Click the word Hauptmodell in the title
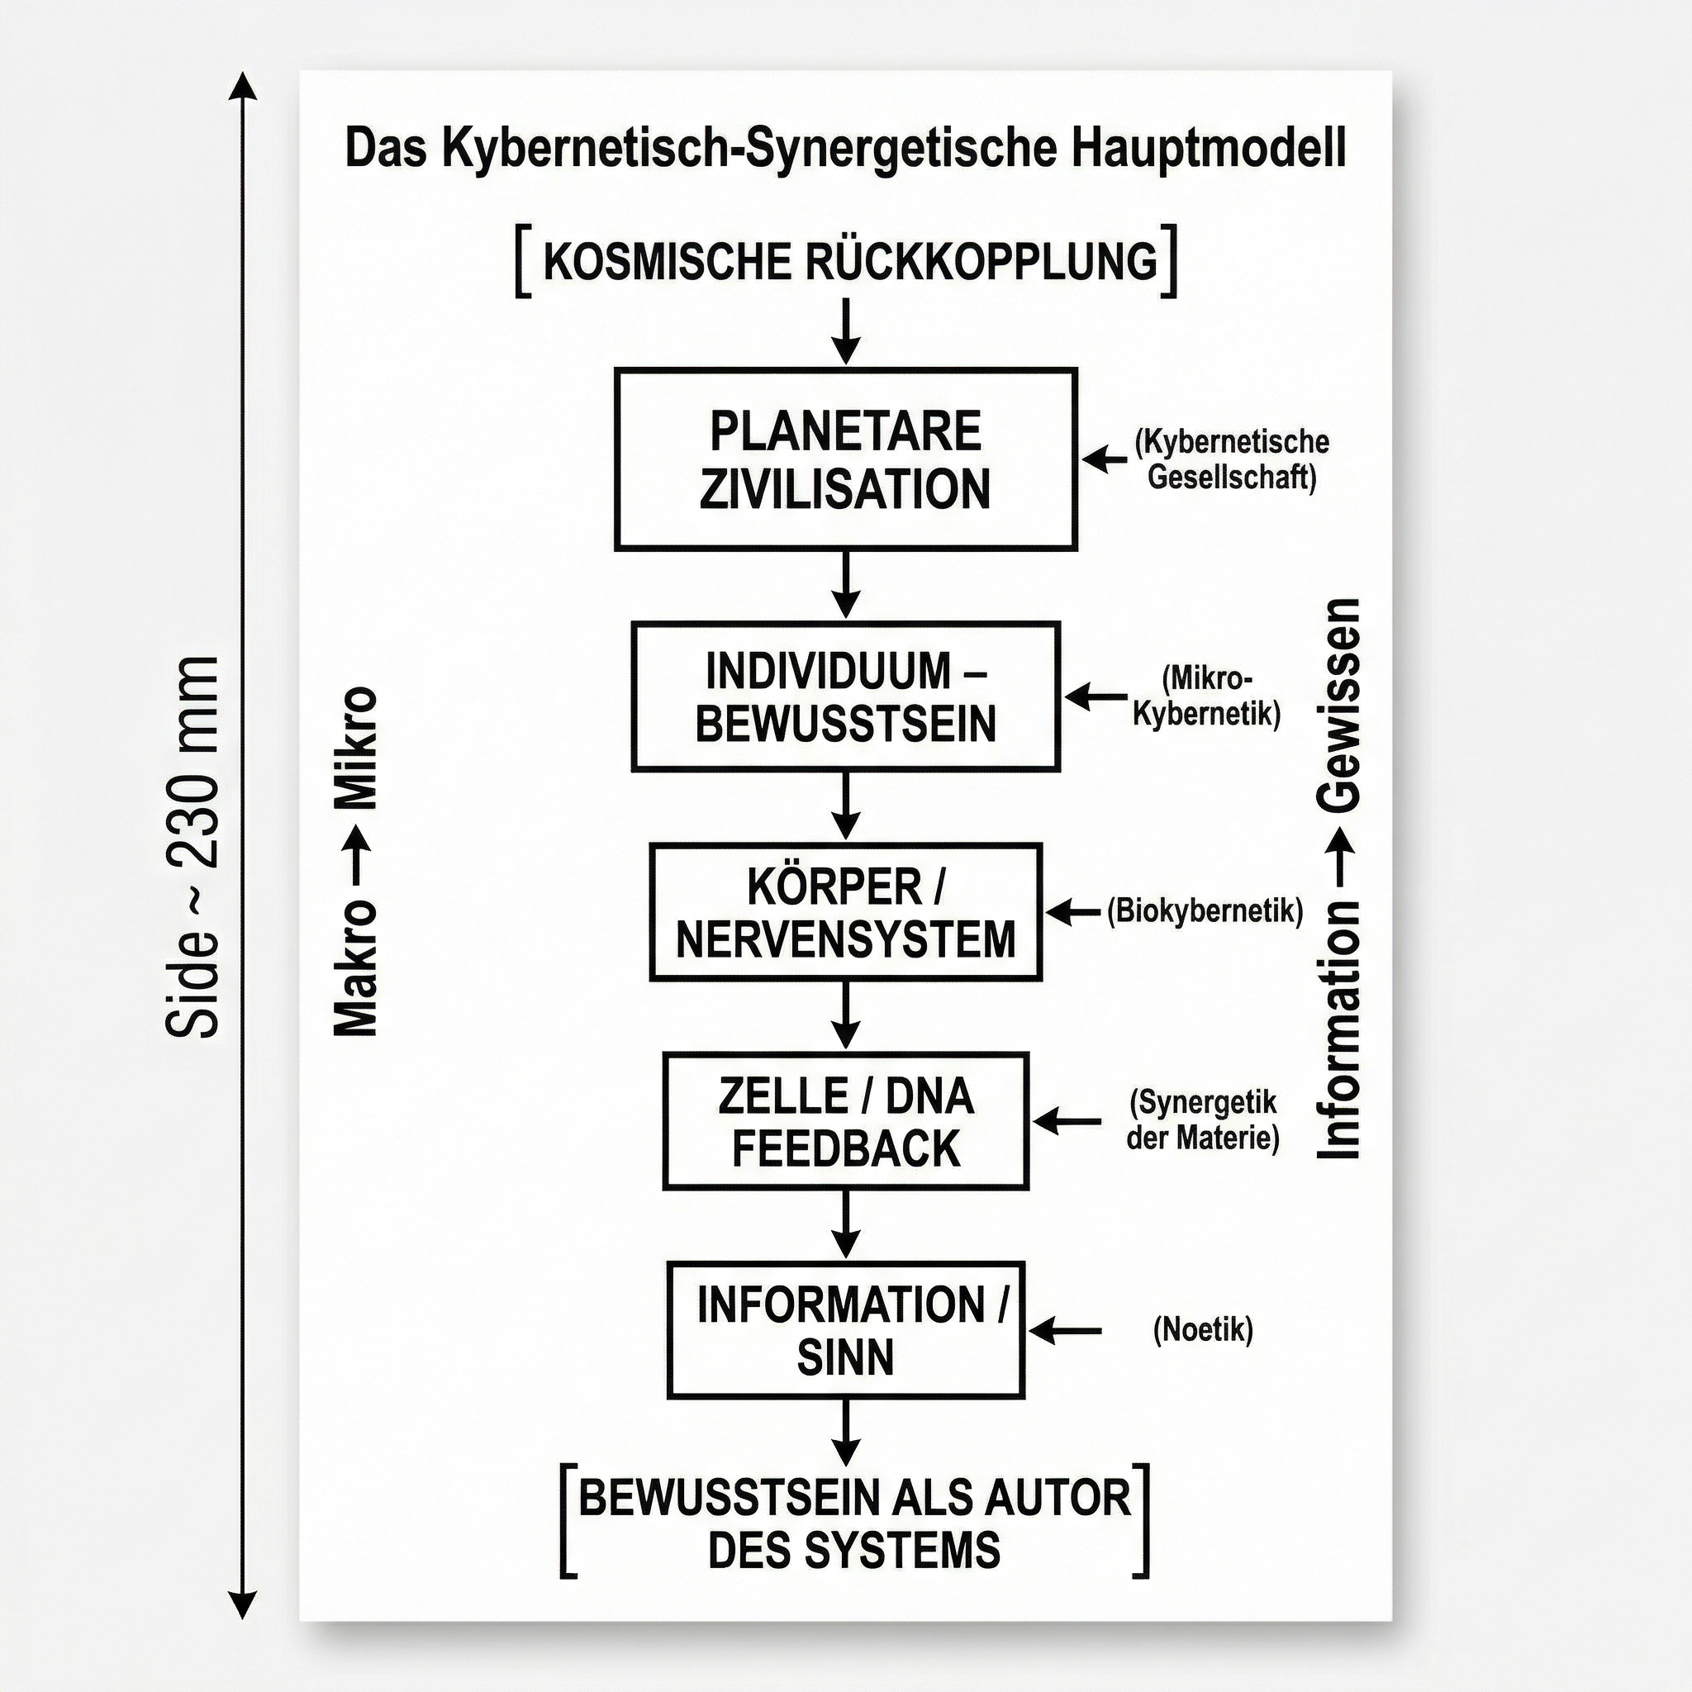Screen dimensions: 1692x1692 tap(1208, 148)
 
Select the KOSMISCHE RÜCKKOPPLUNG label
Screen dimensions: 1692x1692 tap(846, 262)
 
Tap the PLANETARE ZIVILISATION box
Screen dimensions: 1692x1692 tap(846, 460)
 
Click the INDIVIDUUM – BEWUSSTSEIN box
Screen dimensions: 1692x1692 tap(846, 697)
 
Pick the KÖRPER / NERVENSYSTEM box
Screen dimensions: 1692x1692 tap(846, 913)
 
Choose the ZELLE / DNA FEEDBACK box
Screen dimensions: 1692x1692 tap(846, 1122)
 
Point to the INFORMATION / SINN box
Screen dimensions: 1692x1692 tap(846, 1331)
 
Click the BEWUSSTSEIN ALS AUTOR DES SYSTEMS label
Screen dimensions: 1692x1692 tap(854, 1523)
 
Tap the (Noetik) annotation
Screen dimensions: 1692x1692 tap(1202, 1330)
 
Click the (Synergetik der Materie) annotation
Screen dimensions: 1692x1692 tap(1202, 1120)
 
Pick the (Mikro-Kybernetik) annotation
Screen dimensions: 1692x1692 tap(1206, 696)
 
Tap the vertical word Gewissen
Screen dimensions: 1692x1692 tap(1340, 705)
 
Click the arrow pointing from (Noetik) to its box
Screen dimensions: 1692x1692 tap(1066, 1331)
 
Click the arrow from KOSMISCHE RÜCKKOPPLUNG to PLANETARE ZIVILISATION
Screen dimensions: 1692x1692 tap(846, 331)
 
